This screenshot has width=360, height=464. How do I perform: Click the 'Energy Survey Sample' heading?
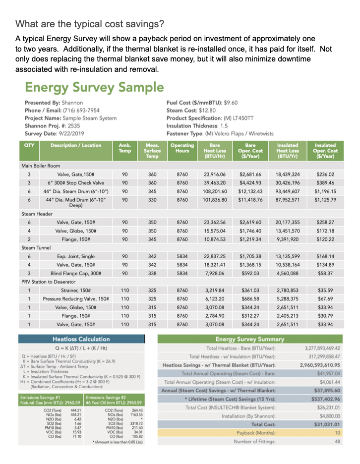94,88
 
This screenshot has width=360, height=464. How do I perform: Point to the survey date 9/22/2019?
70,133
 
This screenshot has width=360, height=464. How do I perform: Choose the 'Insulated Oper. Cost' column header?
325,151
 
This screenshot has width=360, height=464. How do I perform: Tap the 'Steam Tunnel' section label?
35,247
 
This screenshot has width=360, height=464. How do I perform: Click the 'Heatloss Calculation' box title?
81,339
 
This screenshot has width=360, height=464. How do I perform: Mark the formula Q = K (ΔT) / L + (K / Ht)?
82,348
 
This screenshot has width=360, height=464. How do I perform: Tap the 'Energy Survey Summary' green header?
249,339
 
